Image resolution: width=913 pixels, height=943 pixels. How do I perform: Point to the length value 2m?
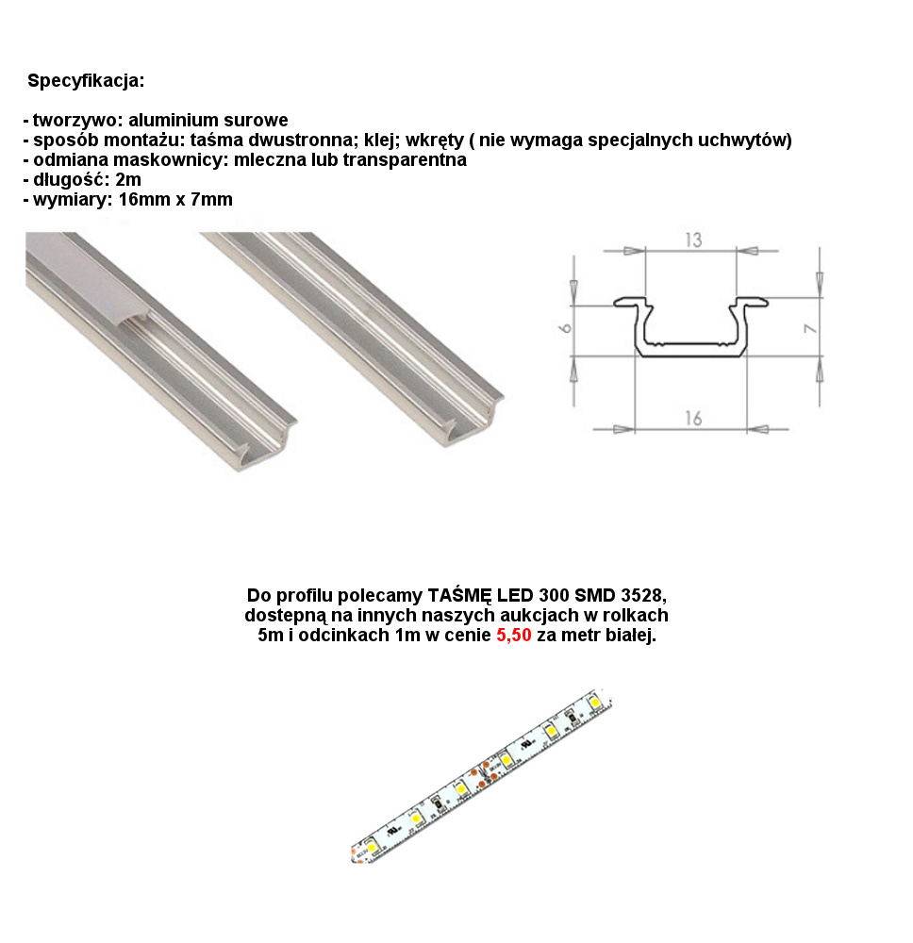(x=128, y=179)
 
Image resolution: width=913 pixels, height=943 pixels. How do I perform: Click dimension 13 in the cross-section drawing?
(x=693, y=240)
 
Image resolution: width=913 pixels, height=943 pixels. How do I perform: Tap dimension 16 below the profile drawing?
(x=693, y=418)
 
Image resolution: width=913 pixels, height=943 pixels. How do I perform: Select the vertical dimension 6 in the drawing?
(x=566, y=328)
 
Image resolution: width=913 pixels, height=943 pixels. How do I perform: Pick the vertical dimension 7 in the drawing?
(x=811, y=329)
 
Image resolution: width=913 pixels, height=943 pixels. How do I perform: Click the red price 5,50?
(x=514, y=635)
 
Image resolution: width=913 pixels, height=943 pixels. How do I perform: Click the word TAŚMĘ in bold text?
(x=459, y=595)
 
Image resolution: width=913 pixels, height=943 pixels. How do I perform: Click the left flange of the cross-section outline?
(x=633, y=303)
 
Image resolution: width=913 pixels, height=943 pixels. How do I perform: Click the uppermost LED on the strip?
(x=595, y=702)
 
